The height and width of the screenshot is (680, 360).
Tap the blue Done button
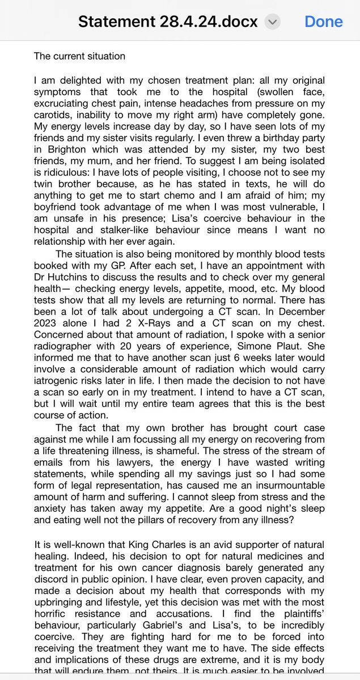click(323, 22)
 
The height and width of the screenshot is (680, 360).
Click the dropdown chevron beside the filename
click(273, 22)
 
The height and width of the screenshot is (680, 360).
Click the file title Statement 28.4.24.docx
click(168, 22)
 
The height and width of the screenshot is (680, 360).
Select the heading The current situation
click(79, 56)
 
